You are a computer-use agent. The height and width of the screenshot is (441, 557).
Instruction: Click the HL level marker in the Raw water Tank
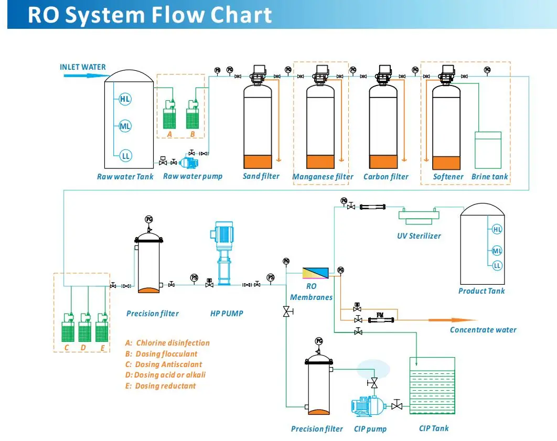pyautogui.click(x=125, y=99)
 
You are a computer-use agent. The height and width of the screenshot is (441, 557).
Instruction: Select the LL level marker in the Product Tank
pyautogui.click(x=497, y=265)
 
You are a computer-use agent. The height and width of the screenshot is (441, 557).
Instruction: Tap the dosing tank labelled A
pyautogui.click(x=169, y=116)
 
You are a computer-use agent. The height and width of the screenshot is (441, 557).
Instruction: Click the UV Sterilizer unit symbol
pyautogui.click(x=418, y=214)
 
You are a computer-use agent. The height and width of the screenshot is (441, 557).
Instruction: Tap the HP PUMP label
pyautogui.click(x=227, y=314)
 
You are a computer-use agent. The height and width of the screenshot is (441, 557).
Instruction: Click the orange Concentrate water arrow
pyautogui.click(x=452, y=320)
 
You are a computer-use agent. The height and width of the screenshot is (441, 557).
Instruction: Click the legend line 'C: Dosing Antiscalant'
pyautogui.click(x=163, y=364)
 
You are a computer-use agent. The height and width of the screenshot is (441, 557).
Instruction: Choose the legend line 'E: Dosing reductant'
pyautogui.click(x=160, y=386)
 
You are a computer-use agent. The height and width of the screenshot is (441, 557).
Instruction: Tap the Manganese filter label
pyautogui.click(x=323, y=177)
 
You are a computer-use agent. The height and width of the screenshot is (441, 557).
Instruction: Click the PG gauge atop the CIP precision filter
pyautogui.click(x=319, y=341)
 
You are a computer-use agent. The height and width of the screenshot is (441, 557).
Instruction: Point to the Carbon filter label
pyautogui.click(x=385, y=177)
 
